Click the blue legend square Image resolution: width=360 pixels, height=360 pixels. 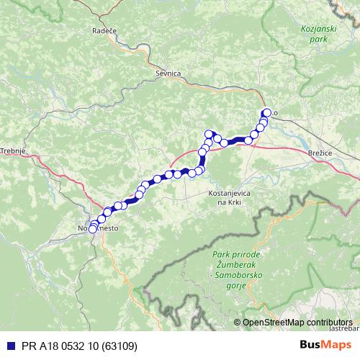tap(6, 346)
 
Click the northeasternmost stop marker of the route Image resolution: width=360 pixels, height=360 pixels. tap(267, 112)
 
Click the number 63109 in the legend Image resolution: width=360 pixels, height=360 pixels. tap(120, 346)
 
